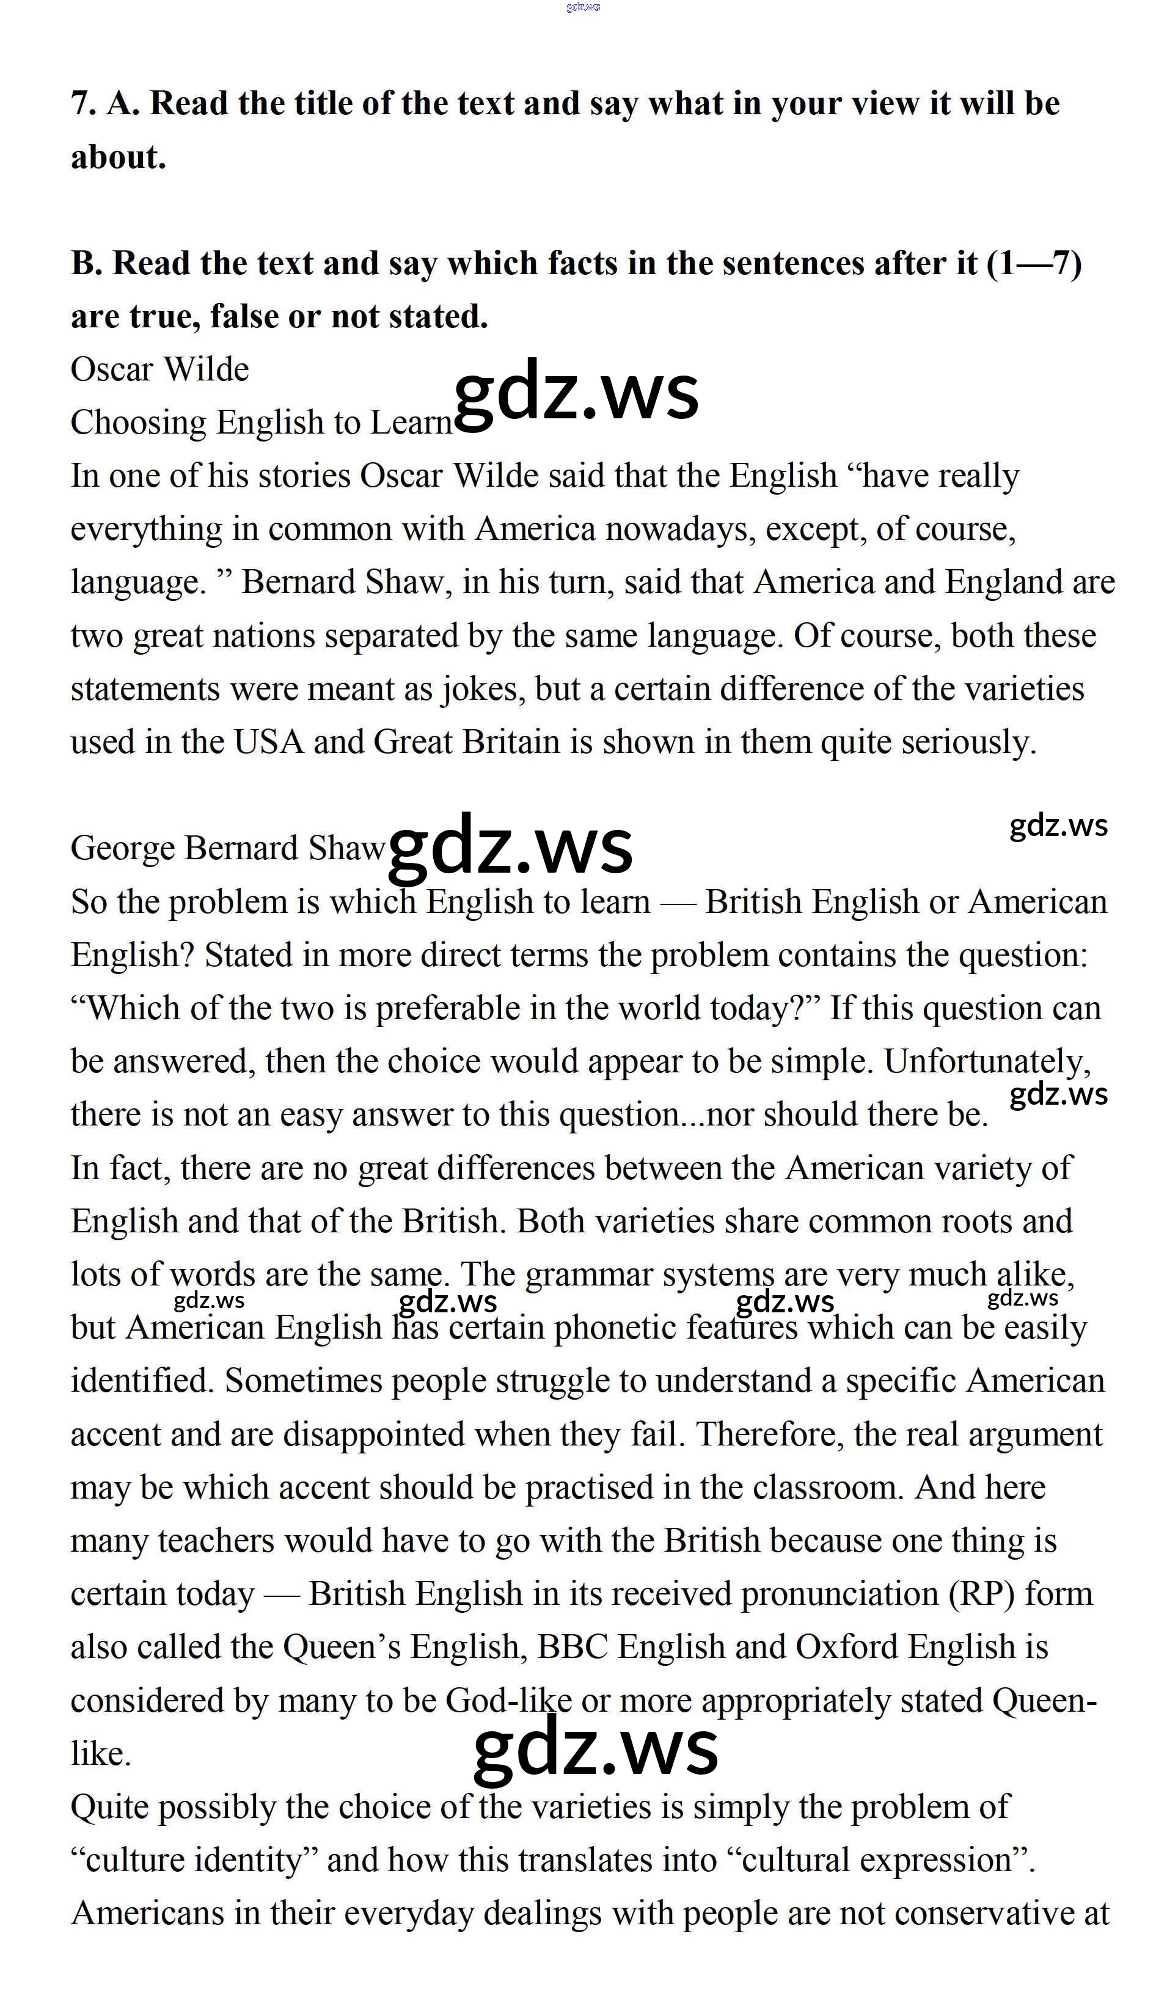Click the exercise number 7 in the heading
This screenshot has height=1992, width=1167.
click(x=81, y=104)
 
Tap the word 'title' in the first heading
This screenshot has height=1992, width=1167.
click(x=323, y=104)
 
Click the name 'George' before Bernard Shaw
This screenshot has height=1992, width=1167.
click(x=123, y=849)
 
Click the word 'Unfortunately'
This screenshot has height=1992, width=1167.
click(x=987, y=1061)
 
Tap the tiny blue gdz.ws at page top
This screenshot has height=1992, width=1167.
click(x=583, y=7)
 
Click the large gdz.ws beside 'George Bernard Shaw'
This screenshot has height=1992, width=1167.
click(x=511, y=846)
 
